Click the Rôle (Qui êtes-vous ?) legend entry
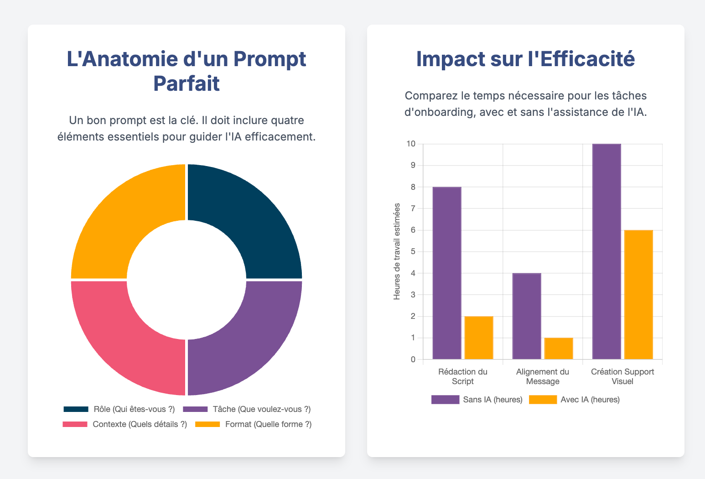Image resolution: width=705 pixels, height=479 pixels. tap(119, 409)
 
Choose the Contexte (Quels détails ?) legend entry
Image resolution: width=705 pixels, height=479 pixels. tap(125, 424)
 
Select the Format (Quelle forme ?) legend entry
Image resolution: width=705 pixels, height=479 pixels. tap(254, 424)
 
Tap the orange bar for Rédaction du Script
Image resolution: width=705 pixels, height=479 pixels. tap(479, 338)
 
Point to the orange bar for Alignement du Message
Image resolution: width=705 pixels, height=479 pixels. tap(559, 349)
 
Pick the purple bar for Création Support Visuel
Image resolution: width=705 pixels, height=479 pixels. tap(607, 251)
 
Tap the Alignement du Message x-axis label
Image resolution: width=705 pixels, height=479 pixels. tap(543, 376)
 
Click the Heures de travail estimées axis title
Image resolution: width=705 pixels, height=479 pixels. tap(397, 251)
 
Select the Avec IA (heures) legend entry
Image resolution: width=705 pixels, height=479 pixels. tap(575, 400)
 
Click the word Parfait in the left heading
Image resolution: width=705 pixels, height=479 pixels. tap(186, 83)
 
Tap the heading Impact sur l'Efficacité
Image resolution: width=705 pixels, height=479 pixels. tap(525, 59)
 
